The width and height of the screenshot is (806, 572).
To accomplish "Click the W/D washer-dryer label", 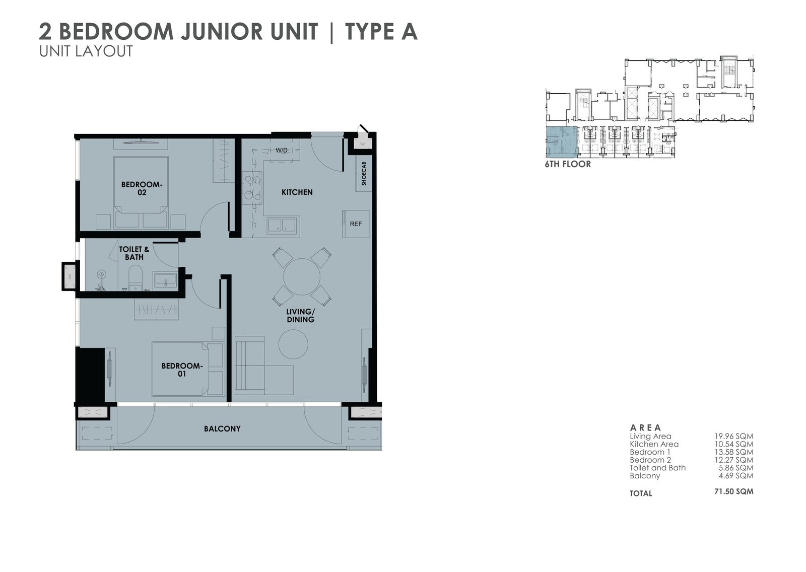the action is [282, 151].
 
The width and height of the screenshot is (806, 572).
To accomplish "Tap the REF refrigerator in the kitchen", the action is [356, 224].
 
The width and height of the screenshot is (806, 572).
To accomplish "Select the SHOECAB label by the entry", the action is [364, 173].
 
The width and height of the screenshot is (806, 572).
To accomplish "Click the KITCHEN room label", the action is [297, 192].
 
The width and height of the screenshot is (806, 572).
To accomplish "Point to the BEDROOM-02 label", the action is [142, 188].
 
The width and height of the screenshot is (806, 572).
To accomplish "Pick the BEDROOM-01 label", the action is [182, 370].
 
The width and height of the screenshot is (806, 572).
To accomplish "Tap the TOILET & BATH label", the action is [134, 253].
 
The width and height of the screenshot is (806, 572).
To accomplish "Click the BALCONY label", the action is [222, 429].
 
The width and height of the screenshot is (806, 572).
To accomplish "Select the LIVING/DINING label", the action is [300, 316].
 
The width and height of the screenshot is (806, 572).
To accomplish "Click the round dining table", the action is [302, 276].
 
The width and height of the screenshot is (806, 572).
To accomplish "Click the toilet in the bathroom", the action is [136, 278].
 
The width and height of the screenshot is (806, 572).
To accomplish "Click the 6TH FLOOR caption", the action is [568, 165].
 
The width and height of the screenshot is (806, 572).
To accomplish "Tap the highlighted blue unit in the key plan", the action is [561, 142].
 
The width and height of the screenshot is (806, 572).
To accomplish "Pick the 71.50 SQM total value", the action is [733, 491].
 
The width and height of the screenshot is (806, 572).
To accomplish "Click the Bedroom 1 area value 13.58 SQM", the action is [733, 452].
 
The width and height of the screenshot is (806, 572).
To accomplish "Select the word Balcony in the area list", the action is [645, 476].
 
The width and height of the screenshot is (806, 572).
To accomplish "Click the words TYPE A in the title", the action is [381, 31].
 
